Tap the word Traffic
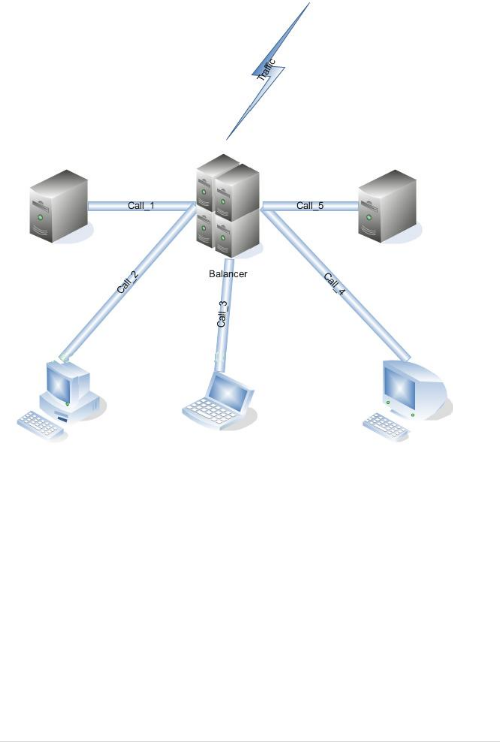click(x=266, y=70)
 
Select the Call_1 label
click(x=141, y=206)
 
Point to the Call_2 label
click(x=127, y=282)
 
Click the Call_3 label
click(x=223, y=314)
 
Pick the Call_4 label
click(x=334, y=284)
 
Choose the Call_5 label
click(x=310, y=205)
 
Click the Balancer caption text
click(x=228, y=274)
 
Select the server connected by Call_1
click(x=59, y=206)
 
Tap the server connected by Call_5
click(x=387, y=206)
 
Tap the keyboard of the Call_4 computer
click(x=385, y=426)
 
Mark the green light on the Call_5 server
click(x=369, y=218)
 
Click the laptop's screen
click(x=229, y=390)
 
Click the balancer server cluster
click(x=228, y=205)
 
